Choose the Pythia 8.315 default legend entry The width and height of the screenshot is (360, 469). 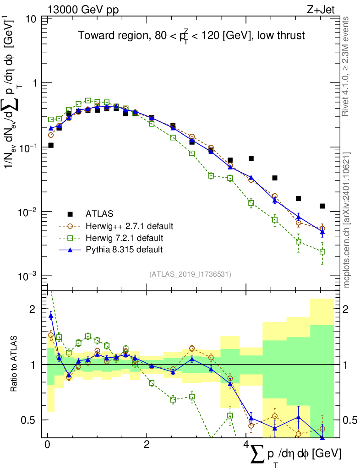point(124,250)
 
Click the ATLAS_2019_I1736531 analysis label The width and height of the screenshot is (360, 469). point(190,274)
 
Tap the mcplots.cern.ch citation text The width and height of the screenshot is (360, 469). point(346,220)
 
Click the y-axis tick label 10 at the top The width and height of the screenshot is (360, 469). point(32,19)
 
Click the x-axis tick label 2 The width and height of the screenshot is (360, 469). point(147,445)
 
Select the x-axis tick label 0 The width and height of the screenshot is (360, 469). point(47,445)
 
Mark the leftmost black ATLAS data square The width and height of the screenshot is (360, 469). point(51,145)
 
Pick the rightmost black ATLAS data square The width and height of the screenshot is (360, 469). point(322,206)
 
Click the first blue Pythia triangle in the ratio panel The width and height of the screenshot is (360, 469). point(51,316)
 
